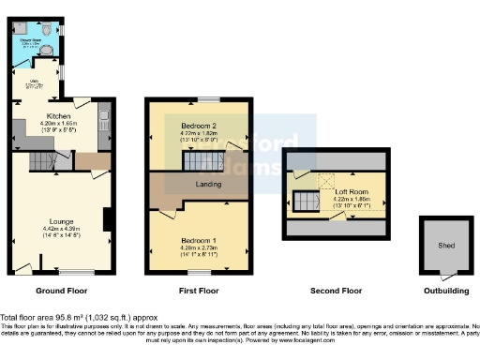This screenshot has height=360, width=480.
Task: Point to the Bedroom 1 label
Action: [197, 239]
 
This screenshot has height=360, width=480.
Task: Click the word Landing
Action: [207, 184]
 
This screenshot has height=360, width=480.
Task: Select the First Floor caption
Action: [198, 291]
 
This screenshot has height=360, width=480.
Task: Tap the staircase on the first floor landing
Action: [202, 162]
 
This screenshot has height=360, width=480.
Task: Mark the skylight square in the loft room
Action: [328, 180]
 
